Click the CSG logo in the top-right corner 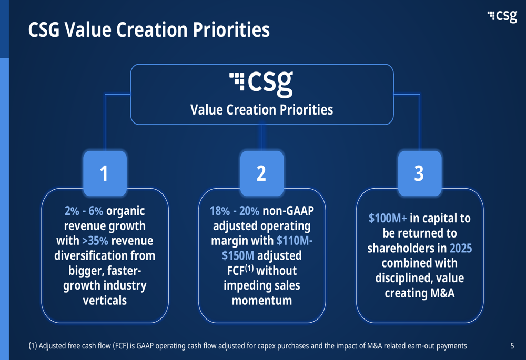tap(502, 16)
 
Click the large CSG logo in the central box tap(261, 84)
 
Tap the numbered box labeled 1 tap(105, 173)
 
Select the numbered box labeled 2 tap(261, 173)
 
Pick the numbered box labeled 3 tap(420, 173)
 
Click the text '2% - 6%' tap(84, 211)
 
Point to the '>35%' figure tap(95, 241)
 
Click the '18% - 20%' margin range tap(235, 211)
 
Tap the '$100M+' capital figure tap(388, 218)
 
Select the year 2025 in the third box tap(461, 249)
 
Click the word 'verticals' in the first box tap(105, 300)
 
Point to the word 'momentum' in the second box tap(261, 300)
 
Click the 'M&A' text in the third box tap(443, 293)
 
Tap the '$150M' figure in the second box tap(238, 256)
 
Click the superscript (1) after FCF tap(249, 268)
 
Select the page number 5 tap(512, 346)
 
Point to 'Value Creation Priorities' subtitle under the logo tap(261, 110)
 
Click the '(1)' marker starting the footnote tap(33, 346)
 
